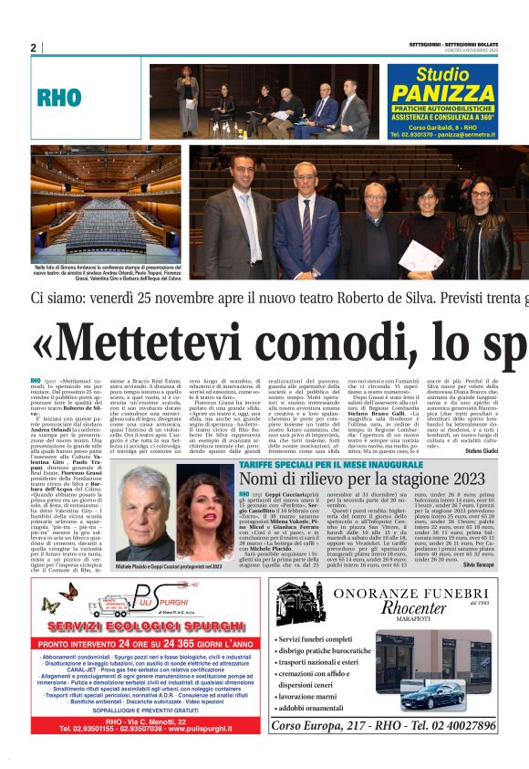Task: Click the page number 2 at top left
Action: click(34, 47)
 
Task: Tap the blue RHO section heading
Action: click(60, 99)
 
